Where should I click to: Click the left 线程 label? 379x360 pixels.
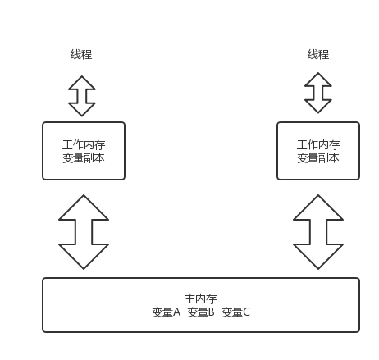pos(81,54)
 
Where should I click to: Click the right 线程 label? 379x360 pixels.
pos(318,54)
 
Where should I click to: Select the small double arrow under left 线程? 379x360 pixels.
pos(82,96)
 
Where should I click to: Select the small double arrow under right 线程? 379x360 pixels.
pos(318,93)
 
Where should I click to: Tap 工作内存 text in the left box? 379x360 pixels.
pos(84,145)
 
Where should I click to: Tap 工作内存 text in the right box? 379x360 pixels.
pos(318,145)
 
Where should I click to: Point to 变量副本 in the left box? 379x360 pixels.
pos(84,158)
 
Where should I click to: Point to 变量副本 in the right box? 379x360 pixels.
pos(318,158)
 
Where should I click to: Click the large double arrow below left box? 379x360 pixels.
pos(84,232)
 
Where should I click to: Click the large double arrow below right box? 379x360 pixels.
pos(318,232)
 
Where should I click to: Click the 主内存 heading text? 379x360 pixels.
pos(201,299)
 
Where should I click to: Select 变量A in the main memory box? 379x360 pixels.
pos(167,312)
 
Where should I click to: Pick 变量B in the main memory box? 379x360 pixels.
pos(201,312)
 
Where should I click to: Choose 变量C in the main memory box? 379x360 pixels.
pos(235,312)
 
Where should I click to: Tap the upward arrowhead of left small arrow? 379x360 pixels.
pos(82,84)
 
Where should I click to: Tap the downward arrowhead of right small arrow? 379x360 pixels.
pos(318,106)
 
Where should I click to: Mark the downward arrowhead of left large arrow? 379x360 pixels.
pos(84,256)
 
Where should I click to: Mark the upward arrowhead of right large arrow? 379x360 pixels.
pos(318,207)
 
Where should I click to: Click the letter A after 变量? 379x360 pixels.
pos(177,312)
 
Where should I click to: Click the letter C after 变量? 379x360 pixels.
pos(246,312)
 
